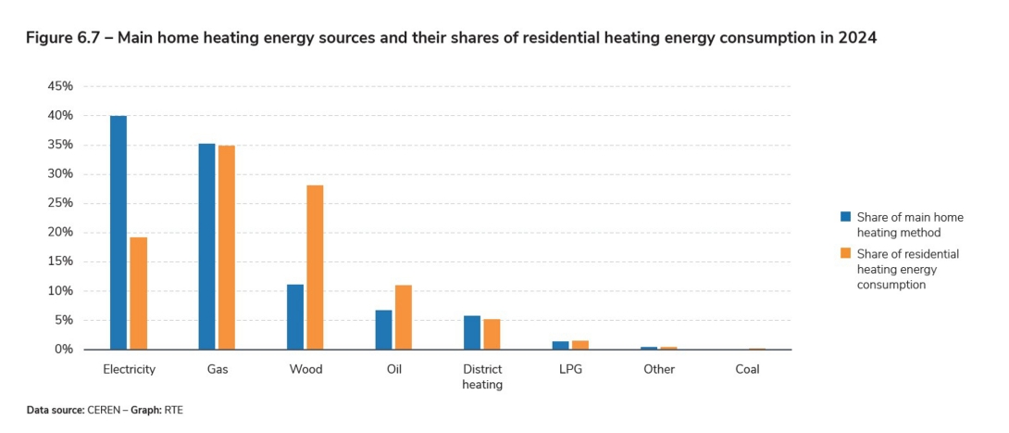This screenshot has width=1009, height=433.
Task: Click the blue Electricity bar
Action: tap(118, 233)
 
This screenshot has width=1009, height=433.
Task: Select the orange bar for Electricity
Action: tap(139, 293)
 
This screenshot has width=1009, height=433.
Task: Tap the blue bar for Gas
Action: tap(206, 247)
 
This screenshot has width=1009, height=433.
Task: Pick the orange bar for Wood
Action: tap(316, 267)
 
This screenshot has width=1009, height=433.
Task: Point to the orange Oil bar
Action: tap(404, 317)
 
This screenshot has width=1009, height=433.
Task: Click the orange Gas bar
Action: tap(227, 248)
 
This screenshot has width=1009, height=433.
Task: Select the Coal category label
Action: tap(747, 369)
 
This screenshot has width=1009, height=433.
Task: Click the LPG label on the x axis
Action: tap(570, 369)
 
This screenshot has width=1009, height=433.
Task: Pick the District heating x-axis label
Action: tap(482, 376)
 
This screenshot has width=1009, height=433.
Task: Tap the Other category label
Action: tap(659, 369)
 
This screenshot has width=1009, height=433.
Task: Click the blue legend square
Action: tap(845, 217)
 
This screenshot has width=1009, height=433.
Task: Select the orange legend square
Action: tap(845, 253)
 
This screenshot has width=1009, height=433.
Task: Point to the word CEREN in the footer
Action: tap(105, 409)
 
